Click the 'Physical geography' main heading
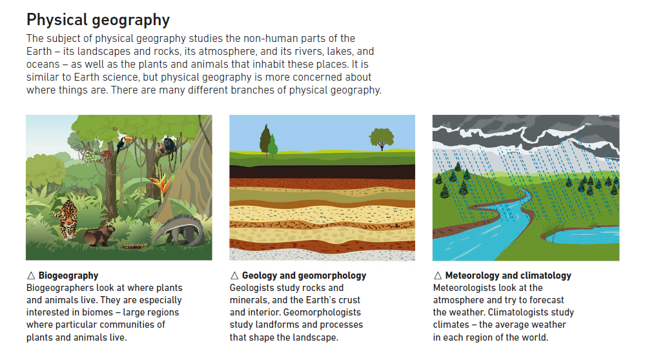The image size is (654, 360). coord(98,20)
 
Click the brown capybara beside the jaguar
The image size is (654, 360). coord(99,235)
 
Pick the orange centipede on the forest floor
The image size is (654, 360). coord(134,246)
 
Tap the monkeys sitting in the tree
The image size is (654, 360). coord(167,148)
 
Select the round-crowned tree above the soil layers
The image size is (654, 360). coord(381,139)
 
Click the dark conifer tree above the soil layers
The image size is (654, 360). coord(265,140)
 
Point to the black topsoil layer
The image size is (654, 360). coord(322,172)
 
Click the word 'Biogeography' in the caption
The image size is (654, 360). coord(68,275)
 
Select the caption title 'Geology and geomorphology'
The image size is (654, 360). coord(304,275)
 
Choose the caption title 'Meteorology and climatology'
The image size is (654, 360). coord(508,275)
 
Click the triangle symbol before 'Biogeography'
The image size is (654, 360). coord(31,275)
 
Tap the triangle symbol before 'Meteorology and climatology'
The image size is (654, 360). coord(438,275)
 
